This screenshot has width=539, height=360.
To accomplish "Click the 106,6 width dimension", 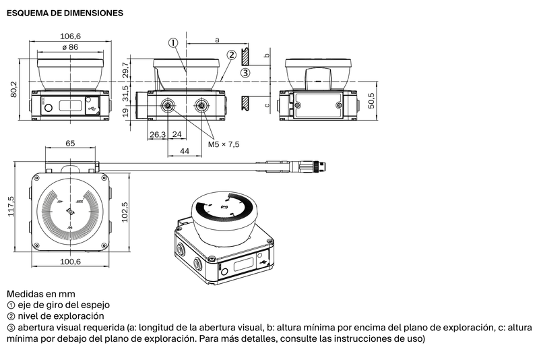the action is (x=71, y=36).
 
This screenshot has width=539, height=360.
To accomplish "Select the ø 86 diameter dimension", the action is (x=70, y=47).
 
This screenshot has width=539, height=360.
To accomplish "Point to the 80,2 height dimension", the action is (x=13, y=89).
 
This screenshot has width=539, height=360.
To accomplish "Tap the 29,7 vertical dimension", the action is (x=125, y=70).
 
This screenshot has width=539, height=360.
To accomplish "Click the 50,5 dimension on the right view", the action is (x=371, y=100).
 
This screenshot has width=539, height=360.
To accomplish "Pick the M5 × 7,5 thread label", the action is (x=224, y=144).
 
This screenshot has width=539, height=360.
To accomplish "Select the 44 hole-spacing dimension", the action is (x=185, y=151).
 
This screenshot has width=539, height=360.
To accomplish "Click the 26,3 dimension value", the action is (x=158, y=134).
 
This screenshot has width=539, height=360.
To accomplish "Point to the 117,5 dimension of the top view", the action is (x=11, y=206).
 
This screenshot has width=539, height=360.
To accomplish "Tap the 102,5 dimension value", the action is (x=125, y=212).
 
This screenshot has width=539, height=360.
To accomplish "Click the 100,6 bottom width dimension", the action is (x=71, y=262).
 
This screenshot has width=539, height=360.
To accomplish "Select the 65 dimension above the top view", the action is (x=70, y=143).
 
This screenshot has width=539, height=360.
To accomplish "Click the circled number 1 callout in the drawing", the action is (x=173, y=42).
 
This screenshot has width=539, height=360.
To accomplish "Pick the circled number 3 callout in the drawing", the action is (x=245, y=73).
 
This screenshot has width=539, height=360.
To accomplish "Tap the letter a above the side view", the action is (x=217, y=40).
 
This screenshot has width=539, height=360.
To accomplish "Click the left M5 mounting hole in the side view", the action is (x=168, y=105).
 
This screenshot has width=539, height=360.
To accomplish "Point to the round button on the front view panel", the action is (x=49, y=108).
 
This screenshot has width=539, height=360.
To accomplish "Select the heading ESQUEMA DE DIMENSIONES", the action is (x=65, y=13).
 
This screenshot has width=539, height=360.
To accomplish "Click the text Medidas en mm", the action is (x=41, y=294).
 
